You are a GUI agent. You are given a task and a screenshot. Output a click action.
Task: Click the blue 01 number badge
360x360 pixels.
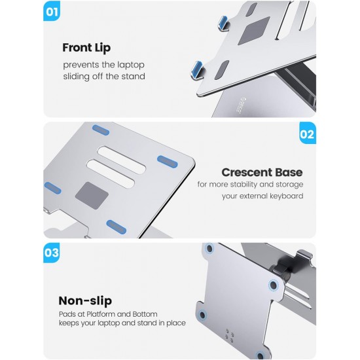(x=52, y=11)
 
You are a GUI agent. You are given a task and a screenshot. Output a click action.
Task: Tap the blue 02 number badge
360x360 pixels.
(x=308, y=134)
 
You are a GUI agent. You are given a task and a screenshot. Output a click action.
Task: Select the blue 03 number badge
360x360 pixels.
(x=52, y=253)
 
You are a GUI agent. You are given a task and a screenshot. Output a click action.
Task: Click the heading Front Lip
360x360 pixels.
(x=86, y=48)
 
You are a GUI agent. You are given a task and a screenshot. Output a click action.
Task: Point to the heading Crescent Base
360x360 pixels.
(x=262, y=172)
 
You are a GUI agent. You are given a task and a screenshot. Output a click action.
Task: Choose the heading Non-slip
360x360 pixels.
(x=85, y=301)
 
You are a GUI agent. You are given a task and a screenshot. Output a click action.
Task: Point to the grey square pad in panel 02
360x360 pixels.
(x=92, y=196)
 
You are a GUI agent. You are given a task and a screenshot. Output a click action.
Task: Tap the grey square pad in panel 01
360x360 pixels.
(x=254, y=31)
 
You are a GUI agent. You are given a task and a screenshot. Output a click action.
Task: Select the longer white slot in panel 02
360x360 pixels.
(x=122, y=160)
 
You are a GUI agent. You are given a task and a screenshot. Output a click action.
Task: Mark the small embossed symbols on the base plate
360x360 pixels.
(x=230, y=334)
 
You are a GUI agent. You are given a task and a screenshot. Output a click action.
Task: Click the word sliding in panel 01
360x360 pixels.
(x=76, y=77)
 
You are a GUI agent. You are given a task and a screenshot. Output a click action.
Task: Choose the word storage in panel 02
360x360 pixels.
(x=289, y=185)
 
